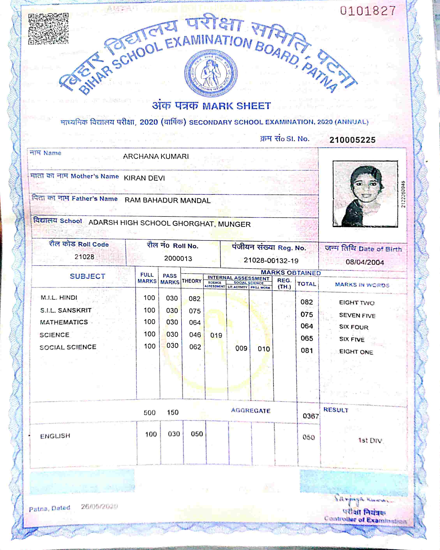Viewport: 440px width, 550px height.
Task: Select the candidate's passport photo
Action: (365, 194)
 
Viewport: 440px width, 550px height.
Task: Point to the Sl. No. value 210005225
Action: (352, 140)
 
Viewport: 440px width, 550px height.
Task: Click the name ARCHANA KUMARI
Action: (156, 156)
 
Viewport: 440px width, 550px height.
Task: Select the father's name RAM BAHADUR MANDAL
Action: (168, 200)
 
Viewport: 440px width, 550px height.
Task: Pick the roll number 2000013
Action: (178, 258)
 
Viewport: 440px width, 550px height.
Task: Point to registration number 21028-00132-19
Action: (271, 260)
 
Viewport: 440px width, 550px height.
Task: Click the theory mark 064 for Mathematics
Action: (195, 322)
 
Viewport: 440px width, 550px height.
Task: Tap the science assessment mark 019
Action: (216, 335)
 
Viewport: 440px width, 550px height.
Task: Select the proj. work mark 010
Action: (264, 349)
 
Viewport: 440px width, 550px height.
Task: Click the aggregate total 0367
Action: (310, 416)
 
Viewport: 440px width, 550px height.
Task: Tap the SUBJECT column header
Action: (87, 276)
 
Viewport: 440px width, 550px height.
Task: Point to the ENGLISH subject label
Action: (55, 436)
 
